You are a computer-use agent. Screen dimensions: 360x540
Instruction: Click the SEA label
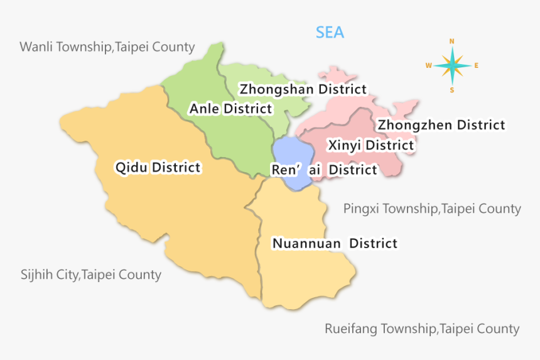coord(330,33)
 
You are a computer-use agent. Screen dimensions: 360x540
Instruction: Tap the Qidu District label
coord(158,167)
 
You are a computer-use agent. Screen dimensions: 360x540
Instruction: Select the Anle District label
coord(230,109)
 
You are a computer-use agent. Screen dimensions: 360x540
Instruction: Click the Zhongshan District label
coord(303,89)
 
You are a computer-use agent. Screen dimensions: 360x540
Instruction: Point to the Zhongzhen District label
coord(441,125)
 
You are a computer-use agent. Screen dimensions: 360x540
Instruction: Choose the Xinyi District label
coord(370,146)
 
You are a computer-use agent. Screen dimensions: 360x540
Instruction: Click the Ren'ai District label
coord(323,170)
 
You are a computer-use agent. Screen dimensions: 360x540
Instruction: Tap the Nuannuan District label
coord(334,243)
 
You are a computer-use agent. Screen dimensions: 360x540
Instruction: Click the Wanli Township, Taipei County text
coord(107,47)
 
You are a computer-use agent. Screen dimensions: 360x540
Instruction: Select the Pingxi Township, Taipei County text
coord(432,209)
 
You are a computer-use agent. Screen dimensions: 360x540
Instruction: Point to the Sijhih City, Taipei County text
coord(91,275)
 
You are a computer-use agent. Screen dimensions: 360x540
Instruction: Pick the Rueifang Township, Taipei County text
coord(422,329)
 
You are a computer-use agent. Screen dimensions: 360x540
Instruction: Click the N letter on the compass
coord(451,41)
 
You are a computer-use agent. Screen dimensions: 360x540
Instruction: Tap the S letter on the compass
coord(451,89)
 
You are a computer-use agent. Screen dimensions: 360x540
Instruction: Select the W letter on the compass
coord(428,65)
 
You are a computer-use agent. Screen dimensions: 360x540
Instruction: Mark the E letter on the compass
coord(476,65)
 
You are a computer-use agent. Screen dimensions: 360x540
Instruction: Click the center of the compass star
coord(452,65)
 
